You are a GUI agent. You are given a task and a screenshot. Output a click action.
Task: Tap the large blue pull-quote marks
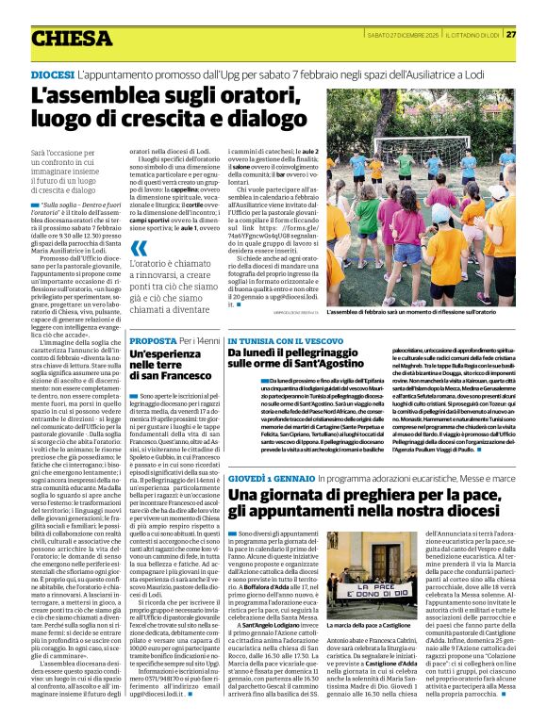[x=138, y=248]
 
